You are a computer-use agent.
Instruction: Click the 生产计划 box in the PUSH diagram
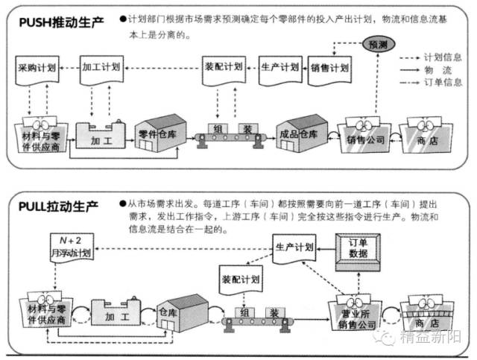point(279,68)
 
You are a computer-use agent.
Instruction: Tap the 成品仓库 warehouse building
point(303,134)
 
